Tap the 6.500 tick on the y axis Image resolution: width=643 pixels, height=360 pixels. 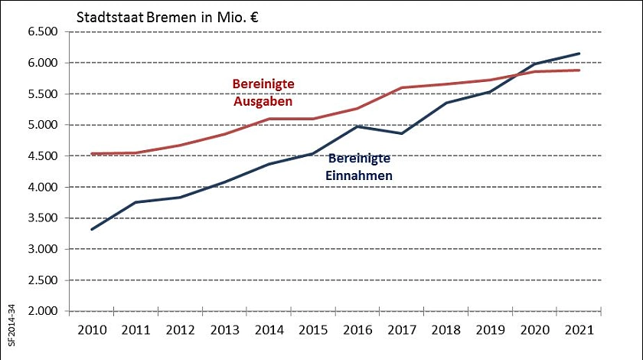click(43, 31)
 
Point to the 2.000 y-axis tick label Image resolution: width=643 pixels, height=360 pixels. click(43, 311)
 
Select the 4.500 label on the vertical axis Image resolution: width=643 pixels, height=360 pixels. click(43, 155)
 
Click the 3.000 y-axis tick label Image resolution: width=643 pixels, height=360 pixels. click(43, 249)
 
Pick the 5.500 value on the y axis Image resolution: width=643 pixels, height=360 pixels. click(43, 93)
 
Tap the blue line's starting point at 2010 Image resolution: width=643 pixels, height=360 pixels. click(91, 229)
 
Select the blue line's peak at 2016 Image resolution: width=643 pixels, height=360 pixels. click(357, 126)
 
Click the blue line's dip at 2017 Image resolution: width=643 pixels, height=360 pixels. click(402, 133)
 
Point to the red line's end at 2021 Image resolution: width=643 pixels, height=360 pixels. click(579, 70)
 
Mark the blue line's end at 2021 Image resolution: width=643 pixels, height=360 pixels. click(579, 54)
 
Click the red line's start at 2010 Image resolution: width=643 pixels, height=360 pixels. click(91, 154)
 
